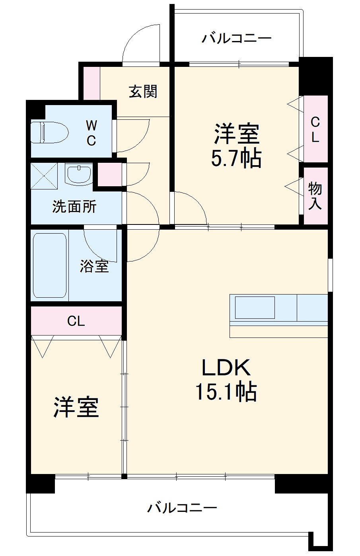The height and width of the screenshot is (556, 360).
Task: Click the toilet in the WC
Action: tap(49, 132)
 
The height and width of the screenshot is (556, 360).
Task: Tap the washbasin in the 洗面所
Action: tap(79, 174)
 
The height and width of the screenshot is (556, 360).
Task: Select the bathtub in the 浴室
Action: tap(49, 265)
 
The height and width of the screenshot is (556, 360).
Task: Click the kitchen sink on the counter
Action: tap(255, 308)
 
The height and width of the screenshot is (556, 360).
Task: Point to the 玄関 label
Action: tap(143, 92)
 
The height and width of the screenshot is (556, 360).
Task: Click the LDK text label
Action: tap(226, 367)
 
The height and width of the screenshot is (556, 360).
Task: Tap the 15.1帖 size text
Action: tap(226, 392)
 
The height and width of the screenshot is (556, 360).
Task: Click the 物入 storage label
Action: tap(315, 196)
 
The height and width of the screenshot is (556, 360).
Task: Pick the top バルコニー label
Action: tap(236, 39)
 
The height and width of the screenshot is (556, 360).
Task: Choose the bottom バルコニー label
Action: tap(182, 508)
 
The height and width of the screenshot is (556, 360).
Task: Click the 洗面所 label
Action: tap(74, 207)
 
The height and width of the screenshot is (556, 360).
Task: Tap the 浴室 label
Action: tap(94, 266)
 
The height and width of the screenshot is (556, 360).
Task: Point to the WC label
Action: tap(91, 133)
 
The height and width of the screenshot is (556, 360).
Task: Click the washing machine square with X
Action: tap(44, 176)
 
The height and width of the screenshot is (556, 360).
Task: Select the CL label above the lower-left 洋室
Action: tap(76, 321)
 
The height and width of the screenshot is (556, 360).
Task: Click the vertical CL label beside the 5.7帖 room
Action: tap(315, 129)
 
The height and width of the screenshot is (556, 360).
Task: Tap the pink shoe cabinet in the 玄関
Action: tap(91, 83)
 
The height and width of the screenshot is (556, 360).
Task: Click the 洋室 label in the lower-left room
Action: tap(76, 408)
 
